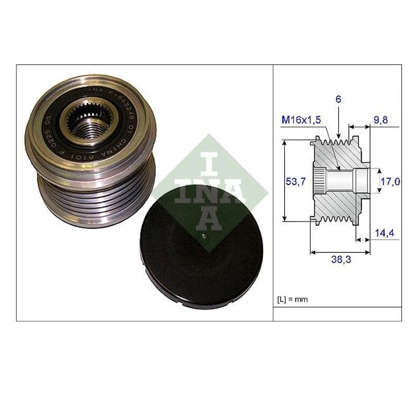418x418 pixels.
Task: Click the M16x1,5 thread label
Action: click(301, 121)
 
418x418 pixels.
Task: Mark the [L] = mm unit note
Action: click(292, 299)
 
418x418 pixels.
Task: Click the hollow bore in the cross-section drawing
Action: click(342, 180)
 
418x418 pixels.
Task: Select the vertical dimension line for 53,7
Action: click(284, 180)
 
